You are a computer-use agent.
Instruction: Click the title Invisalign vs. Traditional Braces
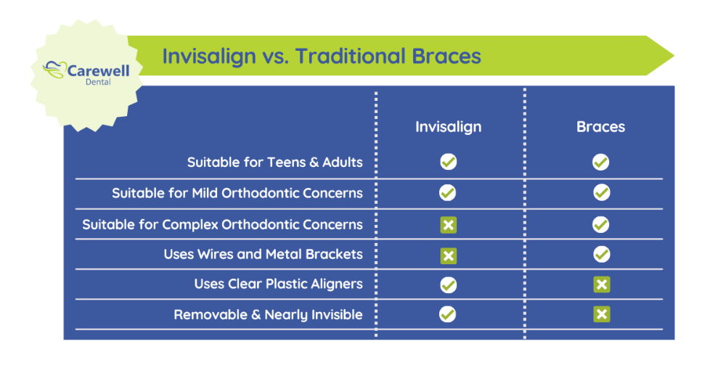coord(321,56)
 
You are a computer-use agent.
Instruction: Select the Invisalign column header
coord(448,126)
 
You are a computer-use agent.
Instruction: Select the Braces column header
coord(600,126)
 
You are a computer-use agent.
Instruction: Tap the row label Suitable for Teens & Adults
coord(274,162)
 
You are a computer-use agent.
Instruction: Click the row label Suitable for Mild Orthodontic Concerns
coord(237,193)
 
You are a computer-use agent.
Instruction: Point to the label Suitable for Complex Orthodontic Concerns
coord(222,224)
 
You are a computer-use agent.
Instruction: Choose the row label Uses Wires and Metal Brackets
coord(263,254)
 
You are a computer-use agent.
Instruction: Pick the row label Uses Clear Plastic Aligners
coord(278,284)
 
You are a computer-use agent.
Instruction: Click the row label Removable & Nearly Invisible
coord(268,315)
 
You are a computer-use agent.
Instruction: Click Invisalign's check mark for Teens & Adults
coord(449,162)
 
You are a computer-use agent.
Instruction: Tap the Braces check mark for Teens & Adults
coord(600,162)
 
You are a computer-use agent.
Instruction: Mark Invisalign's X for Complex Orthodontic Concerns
coord(449,225)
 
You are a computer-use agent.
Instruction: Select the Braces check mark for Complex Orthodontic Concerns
coord(601,224)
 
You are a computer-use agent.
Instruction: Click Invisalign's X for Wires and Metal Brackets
coord(449,255)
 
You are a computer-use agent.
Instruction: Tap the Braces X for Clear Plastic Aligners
coord(601,284)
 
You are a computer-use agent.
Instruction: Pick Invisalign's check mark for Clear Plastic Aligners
coord(449,284)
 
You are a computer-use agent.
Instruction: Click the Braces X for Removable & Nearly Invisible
coord(601,314)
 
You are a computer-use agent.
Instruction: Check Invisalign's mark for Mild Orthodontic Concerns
coord(448,193)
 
